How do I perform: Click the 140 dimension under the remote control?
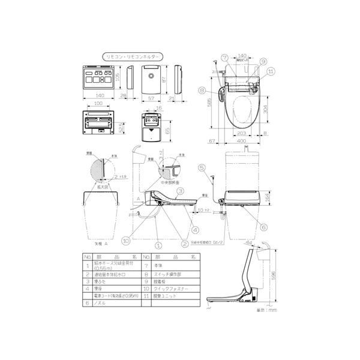[95, 95]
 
